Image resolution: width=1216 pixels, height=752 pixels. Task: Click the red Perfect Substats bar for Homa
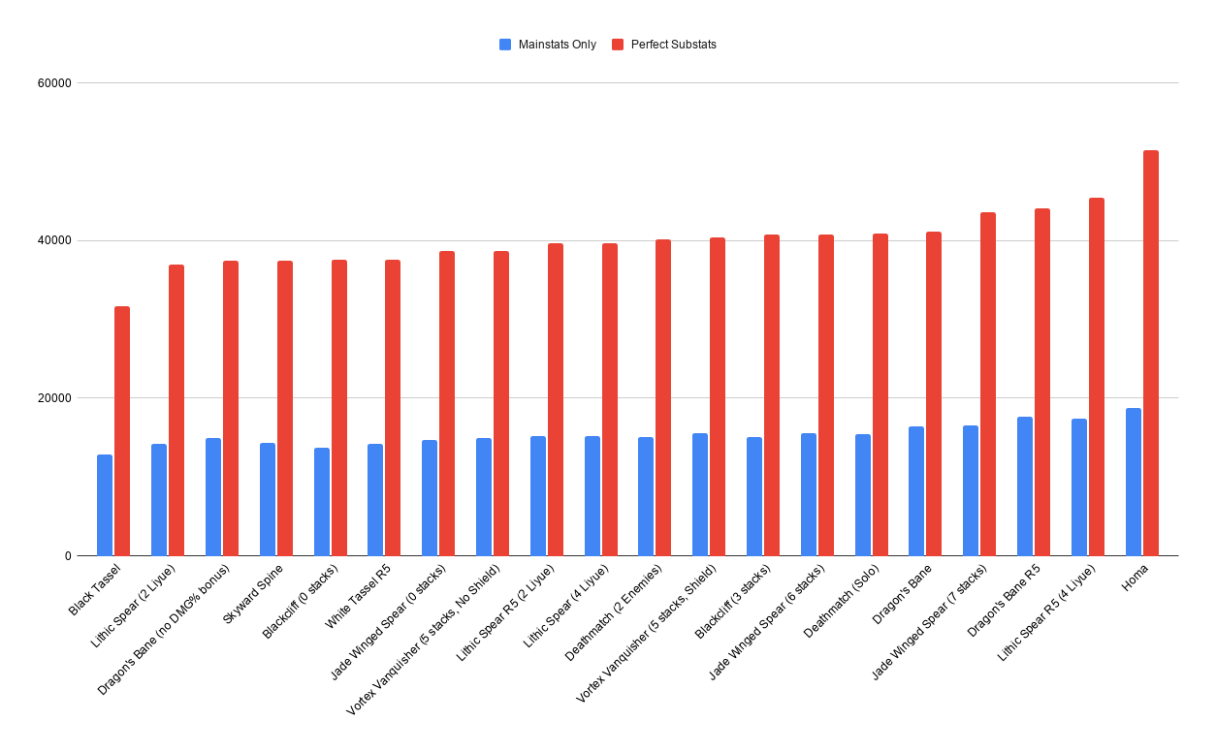[1150, 353]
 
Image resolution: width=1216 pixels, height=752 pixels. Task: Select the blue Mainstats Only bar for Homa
[1133, 482]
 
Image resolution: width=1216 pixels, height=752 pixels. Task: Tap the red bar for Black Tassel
[122, 431]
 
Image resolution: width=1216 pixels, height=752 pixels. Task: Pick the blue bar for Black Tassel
[105, 505]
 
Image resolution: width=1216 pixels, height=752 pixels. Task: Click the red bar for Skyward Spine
[285, 408]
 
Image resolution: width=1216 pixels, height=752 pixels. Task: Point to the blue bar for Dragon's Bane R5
[1025, 486]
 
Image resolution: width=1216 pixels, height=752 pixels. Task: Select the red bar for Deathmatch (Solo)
[880, 394]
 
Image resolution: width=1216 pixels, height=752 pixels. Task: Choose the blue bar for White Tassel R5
[375, 500]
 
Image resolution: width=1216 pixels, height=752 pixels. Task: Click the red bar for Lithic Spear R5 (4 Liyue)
[1097, 377]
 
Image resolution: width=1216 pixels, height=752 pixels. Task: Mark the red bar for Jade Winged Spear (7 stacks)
[988, 384]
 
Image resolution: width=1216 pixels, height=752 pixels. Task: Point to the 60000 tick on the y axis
[54, 83]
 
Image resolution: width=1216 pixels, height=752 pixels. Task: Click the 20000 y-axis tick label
[54, 398]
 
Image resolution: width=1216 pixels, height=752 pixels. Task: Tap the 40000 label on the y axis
[54, 240]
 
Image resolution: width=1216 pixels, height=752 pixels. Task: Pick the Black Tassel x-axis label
[95, 590]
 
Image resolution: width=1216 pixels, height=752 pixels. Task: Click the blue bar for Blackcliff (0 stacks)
[321, 502]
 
